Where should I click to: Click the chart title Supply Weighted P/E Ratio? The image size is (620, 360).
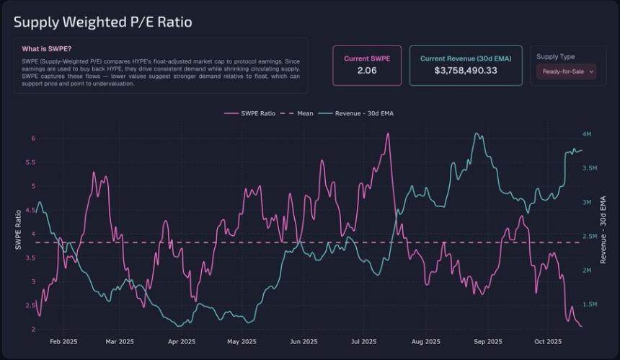click(103, 22)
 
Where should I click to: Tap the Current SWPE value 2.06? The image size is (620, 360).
click(367, 71)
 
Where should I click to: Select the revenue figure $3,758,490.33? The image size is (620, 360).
click(466, 71)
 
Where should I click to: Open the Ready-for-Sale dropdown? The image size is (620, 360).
click(566, 71)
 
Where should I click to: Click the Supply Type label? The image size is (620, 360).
click(556, 56)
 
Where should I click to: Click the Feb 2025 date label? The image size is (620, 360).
click(64, 341)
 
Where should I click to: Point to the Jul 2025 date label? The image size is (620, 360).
click(365, 341)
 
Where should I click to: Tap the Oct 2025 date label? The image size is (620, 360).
click(548, 341)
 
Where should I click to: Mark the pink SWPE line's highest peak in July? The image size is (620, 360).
click(387, 134)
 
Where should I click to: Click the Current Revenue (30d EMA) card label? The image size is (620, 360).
click(466, 58)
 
